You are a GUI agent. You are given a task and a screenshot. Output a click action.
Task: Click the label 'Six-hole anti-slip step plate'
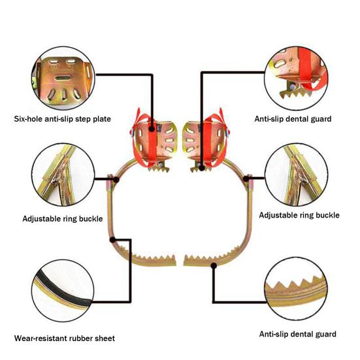[x=63, y=119]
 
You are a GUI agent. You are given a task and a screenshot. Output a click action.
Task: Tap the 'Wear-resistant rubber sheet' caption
[x=65, y=338]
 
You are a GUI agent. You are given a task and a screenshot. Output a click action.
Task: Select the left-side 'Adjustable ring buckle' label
[x=63, y=219]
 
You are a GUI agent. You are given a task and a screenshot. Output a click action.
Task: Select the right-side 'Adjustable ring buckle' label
[x=299, y=215]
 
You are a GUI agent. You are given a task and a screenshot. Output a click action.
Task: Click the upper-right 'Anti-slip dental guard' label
[x=293, y=119]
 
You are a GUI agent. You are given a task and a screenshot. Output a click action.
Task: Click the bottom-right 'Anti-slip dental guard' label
[x=298, y=334]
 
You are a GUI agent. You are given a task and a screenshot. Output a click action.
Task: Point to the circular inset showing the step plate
[x=63, y=78]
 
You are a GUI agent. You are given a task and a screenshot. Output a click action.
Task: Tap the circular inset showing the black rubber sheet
[x=63, y=291]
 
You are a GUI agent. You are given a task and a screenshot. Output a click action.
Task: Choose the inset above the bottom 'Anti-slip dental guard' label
[x=296, y=289]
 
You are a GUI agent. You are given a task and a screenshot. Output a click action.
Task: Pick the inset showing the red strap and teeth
[x=296, y=78]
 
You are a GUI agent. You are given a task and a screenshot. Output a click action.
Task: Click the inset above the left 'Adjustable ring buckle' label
[x=63, y=174]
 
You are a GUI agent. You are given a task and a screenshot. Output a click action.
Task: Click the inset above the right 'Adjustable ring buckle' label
[x=296, y=174]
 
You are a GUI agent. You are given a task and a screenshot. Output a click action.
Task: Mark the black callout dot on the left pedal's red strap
[x=152, y=129]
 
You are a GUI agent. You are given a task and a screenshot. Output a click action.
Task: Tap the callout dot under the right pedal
[x=202, y=168]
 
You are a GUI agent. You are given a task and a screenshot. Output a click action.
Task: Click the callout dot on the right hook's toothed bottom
[x=214, y=266]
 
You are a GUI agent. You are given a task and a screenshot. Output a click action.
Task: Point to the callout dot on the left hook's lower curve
[x=112, y=240]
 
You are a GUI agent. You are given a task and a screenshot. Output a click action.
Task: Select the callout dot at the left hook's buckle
[x=116, y=180]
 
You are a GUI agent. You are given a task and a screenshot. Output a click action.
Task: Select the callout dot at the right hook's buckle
[x=246, y=178]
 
